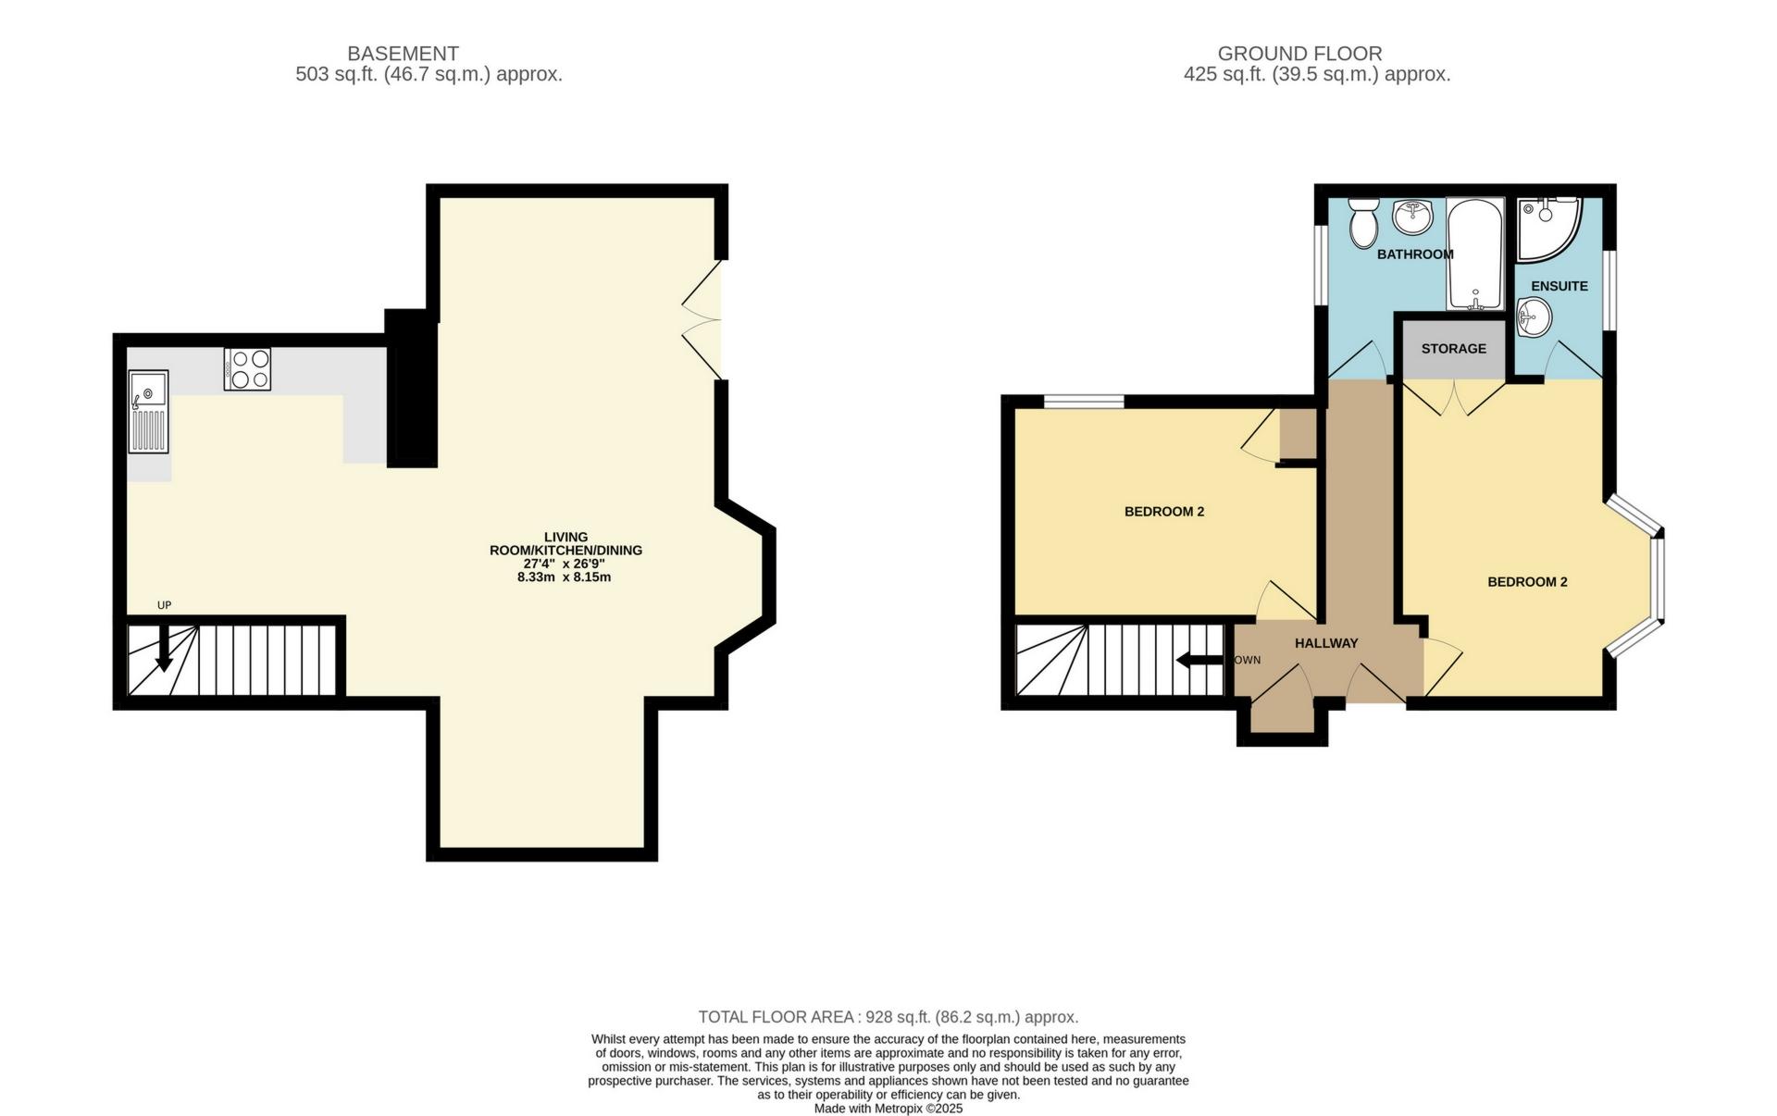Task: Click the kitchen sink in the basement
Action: [x=148, y=412]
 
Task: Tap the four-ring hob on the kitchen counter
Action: [x=247, y=368]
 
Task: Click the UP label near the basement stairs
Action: [x=165, y=605]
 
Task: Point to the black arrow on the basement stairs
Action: [x=163, y=650]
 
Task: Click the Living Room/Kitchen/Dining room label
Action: [x=565, y=556]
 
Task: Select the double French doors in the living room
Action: [x=702, y=320]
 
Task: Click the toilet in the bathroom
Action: [x=1362, y=222]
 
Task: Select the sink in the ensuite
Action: [x=1534, y=319]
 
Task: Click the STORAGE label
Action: [x=1453, y=349]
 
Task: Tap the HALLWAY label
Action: [x=1325, y=643]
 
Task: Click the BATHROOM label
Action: [x=1414, y=254]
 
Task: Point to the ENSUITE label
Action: [x=1559, y=286]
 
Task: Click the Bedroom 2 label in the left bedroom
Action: [x=1163, y=512]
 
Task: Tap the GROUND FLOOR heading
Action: [x=1299, y=54]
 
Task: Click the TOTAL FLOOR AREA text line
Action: [x=888, y=1017]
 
